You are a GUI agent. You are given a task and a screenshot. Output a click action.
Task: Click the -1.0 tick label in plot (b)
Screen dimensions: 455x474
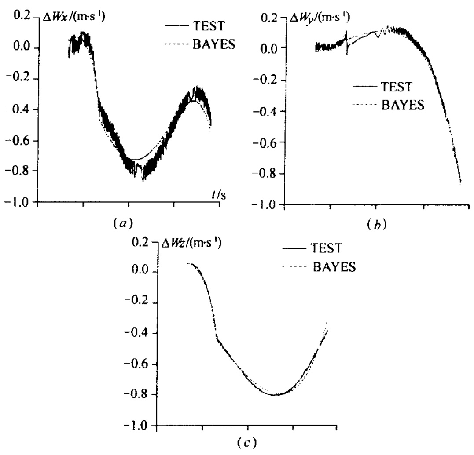(x=267, y=204)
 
